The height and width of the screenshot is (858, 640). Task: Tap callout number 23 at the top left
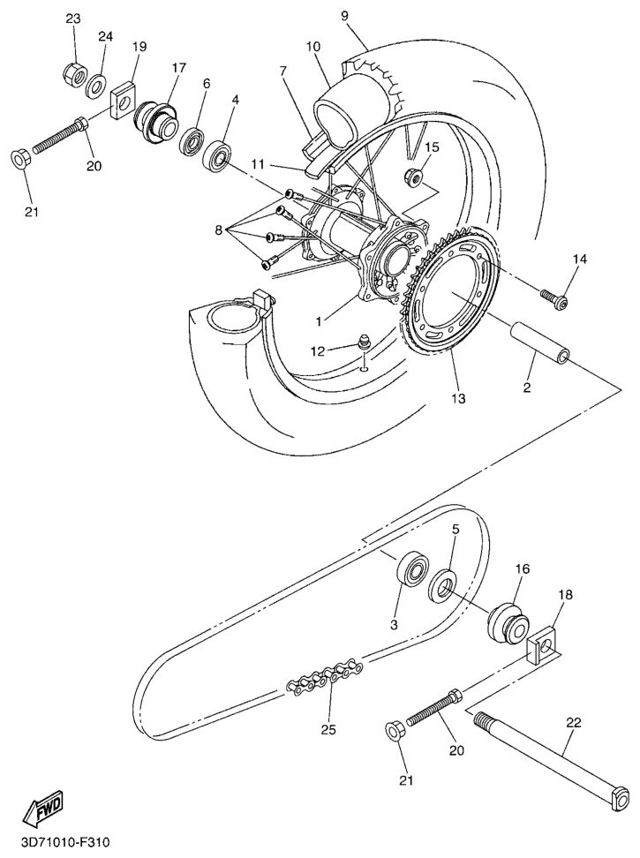click(73, 19)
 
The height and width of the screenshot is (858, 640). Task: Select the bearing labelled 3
click(412, 569)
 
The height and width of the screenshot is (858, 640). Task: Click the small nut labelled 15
click(413, 177)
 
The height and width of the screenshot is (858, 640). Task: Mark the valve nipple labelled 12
click(363, 343)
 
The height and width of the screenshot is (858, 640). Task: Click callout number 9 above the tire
click(344, 15)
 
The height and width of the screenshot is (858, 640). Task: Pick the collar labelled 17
click(156, 122)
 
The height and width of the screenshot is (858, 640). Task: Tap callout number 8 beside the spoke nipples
click(218, 230)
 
